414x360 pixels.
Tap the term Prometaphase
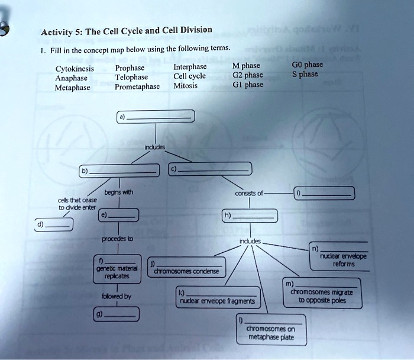pyautogui.click(x=137, y=86)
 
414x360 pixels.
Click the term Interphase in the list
pyautogui.click(x=190, y=66)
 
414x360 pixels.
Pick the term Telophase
pyautogui.click(x=131, y=77)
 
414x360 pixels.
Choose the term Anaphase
pyautogui.click(x=72, y=77)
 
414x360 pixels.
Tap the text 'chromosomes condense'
pyautogui.click(x=186, y=271)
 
